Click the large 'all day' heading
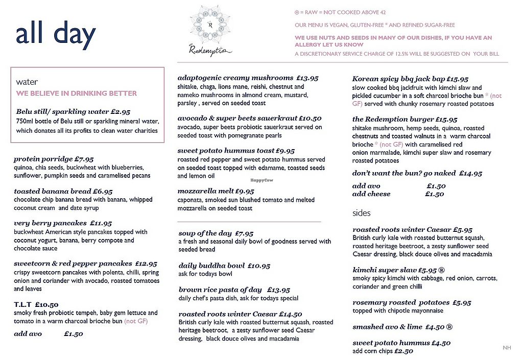56,35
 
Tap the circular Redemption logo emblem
209,25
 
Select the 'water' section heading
27,82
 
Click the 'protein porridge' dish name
43,159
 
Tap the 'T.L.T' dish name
23,305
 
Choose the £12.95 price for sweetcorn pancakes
146,264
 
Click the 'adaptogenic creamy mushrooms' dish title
235,78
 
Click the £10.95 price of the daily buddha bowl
259,266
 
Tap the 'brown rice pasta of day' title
220,290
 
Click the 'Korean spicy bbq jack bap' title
398,79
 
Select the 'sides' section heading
362,213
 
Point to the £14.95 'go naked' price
470,174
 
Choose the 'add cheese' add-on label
371,194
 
